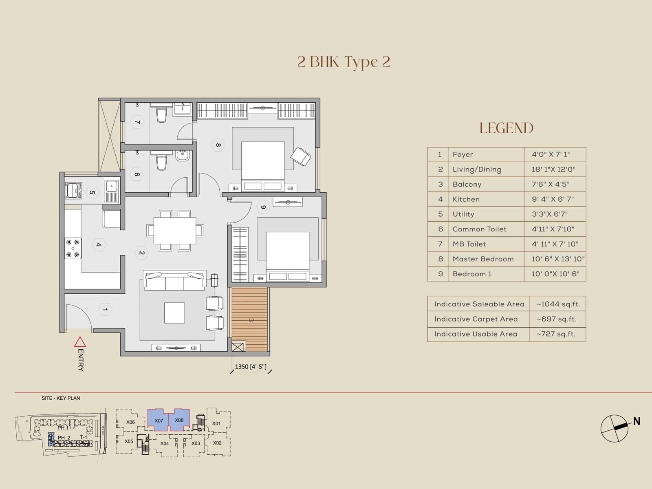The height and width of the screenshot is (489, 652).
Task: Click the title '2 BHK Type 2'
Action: pos(344,62)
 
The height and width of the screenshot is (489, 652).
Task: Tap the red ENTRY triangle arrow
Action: pos(80,341)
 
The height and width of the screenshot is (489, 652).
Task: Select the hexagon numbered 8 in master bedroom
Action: pos(218,145)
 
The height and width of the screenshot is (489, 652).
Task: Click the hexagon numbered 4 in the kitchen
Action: pos(99,244)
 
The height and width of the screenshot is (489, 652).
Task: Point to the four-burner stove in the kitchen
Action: pos(73,249)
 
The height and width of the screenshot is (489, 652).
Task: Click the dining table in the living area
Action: pos(174,231)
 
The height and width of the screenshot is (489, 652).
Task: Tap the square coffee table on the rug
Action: pos(174,313)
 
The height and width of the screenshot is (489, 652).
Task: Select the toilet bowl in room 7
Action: pos(162,115)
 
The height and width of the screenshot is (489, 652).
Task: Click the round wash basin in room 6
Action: pos(182,156)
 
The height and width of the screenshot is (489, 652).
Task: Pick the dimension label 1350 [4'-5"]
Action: pos(251,367)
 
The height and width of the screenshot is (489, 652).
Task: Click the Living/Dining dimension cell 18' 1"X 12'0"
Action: pos(553,170)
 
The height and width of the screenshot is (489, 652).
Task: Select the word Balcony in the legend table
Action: pos(467,184)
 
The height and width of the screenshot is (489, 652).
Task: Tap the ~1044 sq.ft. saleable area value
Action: pos(558,304)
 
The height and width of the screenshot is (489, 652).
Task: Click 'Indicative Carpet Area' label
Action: pos(476,319)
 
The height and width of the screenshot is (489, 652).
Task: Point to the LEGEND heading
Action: pos(506,128)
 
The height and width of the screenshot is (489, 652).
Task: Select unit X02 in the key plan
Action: pos(217,443)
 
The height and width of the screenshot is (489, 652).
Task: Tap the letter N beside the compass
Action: pos(637,421)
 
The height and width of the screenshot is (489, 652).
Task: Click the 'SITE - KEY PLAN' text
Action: pos(61,398)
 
